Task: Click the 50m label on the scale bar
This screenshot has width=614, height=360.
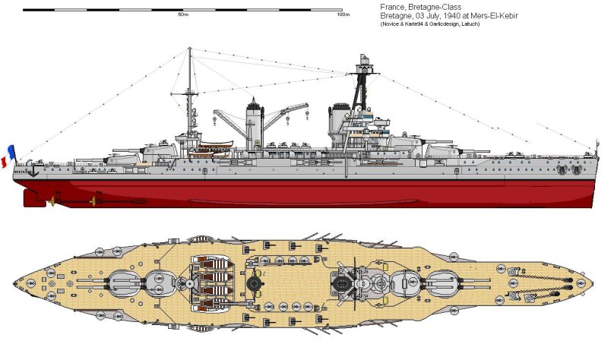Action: (x=182, y=14)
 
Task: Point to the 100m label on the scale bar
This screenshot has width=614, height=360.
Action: (x=343, y=14)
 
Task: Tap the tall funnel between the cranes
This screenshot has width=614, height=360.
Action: (x=252, y=125)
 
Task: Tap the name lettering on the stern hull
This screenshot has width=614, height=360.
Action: (x=21, y=172)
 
